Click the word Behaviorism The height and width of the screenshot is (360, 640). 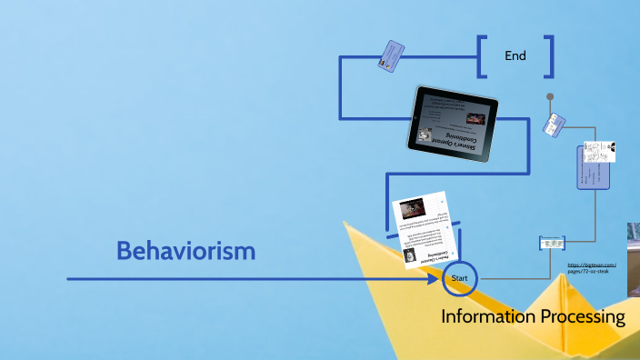185,251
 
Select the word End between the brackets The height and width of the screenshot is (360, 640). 515,56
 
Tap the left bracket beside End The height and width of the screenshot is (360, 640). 482,56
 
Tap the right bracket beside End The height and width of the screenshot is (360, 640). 549,56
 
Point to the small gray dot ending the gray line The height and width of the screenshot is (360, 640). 549,95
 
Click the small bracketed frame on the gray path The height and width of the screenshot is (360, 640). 553,243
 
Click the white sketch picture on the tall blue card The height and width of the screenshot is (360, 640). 600,151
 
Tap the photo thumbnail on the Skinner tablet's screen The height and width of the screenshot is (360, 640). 476,117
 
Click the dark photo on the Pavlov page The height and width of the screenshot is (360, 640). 411,209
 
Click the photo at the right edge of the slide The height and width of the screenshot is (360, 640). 634,259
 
